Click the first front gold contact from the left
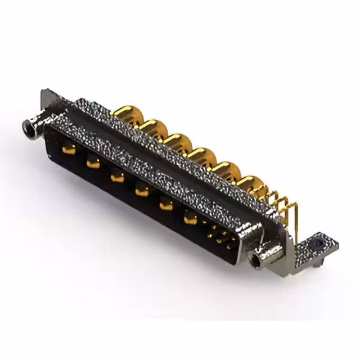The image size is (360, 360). point(69,148)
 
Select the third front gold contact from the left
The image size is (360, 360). point(117,177)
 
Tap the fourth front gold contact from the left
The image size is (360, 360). point(141,191)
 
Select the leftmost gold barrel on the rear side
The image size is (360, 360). point(127,112)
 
